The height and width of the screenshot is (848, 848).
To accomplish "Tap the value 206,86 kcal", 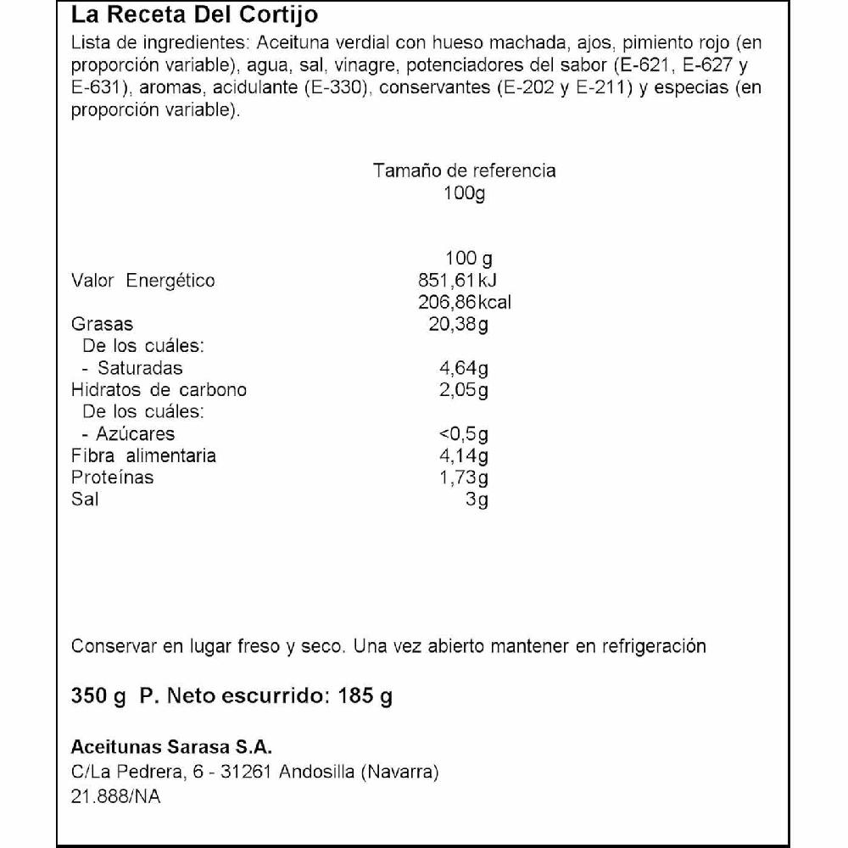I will [x=465, y=303].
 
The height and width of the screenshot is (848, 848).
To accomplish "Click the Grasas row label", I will [x=103, y=325].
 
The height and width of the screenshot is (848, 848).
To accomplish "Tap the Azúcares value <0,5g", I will [x=464, y=434].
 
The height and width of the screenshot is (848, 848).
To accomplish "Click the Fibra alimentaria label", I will [x=143, y=456].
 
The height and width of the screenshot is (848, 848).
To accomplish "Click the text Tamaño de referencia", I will [x=465, y=170].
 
